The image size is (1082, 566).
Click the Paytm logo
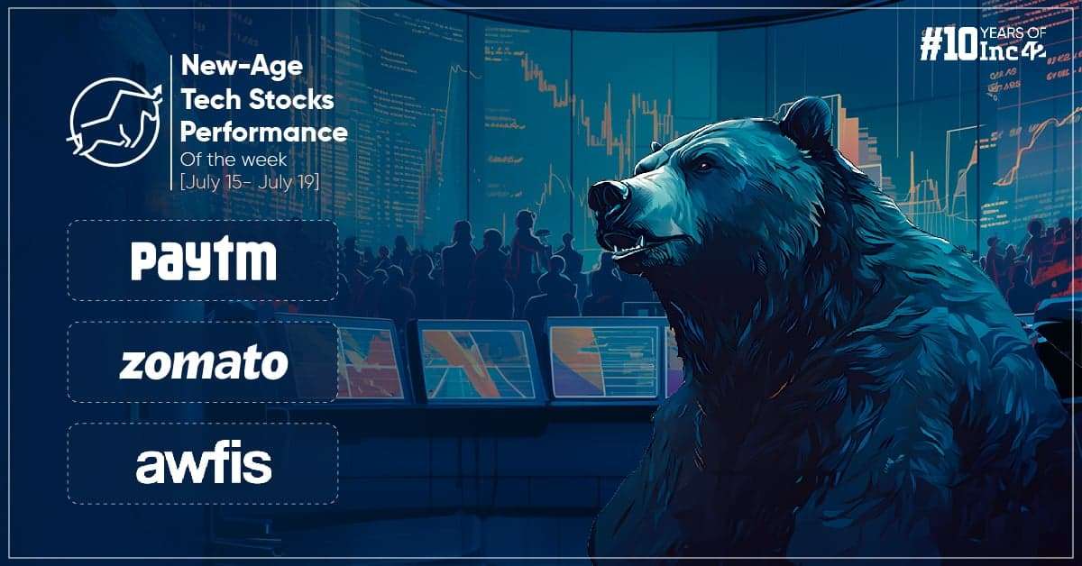[x=204, y=260]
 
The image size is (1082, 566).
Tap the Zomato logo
[x=204, y=362]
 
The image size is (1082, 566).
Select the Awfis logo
[x=204, y=464]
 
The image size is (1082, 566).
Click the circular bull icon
[x=115, y=123]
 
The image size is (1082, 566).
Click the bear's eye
[x=704, y=166]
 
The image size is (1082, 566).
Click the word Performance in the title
[x=263, y=132]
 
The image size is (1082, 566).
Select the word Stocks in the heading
[x=290, y=100]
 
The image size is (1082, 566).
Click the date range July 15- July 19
[x=250, y=183]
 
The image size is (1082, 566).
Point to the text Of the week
[x=234, y=160]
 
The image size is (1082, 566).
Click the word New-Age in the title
[x=242, y=67]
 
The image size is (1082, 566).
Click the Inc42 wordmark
[x=1012, y=50]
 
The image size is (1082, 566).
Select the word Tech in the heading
[x=211, y=100]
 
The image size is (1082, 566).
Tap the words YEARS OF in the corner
[x=1013, y=33]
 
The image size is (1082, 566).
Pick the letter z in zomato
[x=132, y=366]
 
